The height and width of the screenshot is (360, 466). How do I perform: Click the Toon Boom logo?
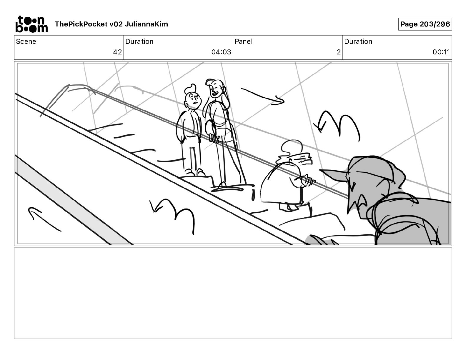tap(31, 24)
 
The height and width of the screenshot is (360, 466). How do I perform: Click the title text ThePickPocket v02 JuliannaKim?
tap(111, 24)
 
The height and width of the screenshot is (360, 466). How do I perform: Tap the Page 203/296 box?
tap(425, 24)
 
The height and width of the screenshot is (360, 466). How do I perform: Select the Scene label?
tap(26, 41)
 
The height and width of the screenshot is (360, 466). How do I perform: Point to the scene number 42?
tap(117, 52)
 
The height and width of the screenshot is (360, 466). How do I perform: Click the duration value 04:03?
tap(221, 52)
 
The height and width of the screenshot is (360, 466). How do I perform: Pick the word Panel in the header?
tap(244, 41)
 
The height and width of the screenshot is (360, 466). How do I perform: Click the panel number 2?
tap(338, 52)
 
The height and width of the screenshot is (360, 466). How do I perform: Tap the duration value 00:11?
tap(441, 52)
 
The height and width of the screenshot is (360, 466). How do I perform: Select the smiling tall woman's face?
tap(215, 90)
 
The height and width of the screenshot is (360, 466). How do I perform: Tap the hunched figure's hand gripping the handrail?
tap(307, 180)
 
